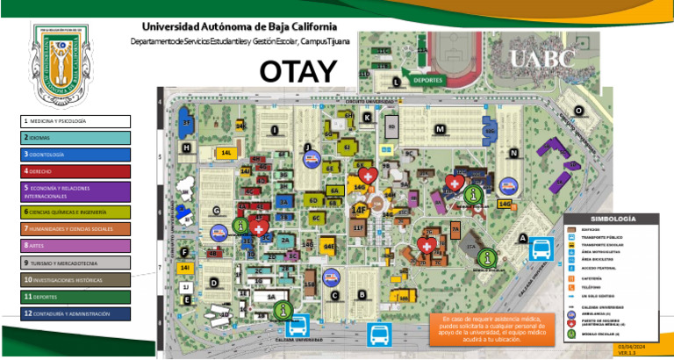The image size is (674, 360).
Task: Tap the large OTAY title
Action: [298, 71]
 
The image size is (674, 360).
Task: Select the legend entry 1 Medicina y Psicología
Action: [75, 121]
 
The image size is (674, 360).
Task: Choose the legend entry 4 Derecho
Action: [75, 171]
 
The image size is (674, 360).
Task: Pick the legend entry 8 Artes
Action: [75, 246]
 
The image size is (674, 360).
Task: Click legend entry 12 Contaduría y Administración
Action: [75, 313]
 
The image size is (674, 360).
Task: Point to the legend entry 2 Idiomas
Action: [75, 138]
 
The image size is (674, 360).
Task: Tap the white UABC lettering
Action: [541, 60]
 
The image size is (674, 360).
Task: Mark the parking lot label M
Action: [441, 130]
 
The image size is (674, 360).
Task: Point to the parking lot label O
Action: [578, 110]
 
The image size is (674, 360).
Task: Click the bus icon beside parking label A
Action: [540, 250]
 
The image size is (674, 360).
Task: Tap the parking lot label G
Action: [215, 211]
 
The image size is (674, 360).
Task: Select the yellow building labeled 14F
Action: [359, 210]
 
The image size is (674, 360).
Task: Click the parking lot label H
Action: [187, 148]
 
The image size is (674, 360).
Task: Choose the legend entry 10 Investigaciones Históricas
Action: [75, 280]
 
